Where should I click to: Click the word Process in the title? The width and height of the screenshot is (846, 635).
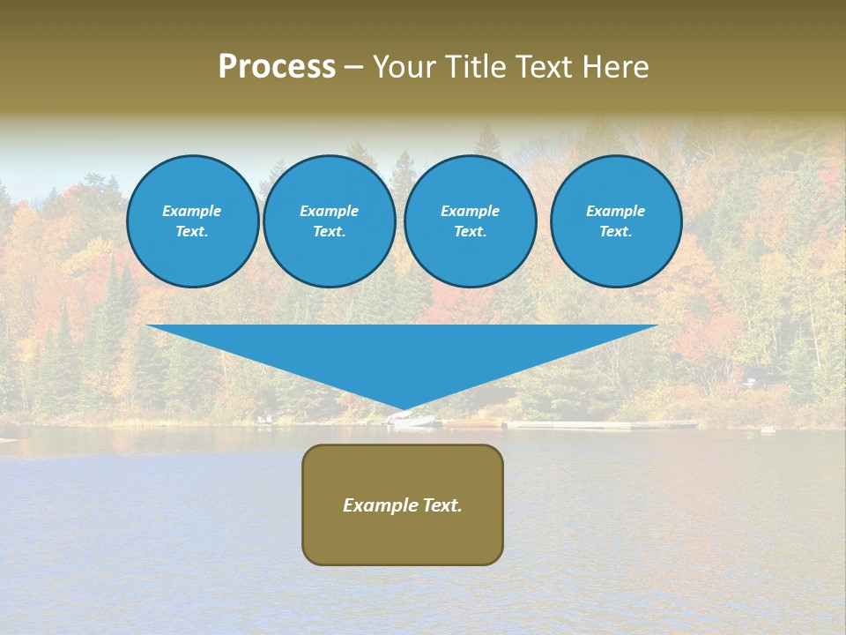pos(277,67)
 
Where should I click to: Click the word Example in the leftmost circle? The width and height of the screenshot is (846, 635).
pos(192,211)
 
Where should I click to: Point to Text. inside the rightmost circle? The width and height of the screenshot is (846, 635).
pos(616,231)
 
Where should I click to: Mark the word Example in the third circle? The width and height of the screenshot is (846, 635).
pos(471,211)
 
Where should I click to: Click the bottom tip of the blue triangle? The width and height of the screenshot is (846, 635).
pos(403,409)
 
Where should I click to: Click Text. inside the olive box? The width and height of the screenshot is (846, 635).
pos(443,505)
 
